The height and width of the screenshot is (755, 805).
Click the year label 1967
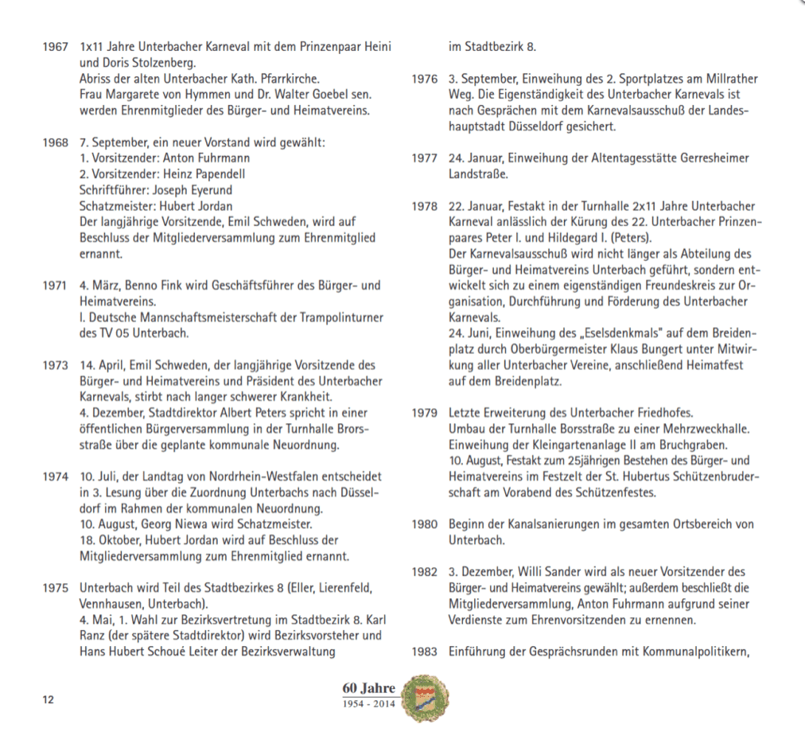[55, 47]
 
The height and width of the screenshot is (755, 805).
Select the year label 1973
[55, 365]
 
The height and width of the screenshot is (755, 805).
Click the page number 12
[48, 699]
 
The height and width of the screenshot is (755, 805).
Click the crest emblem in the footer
[421, 699]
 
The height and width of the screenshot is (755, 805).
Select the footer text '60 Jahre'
[368, 687]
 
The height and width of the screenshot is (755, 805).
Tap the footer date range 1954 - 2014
[368, 705]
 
